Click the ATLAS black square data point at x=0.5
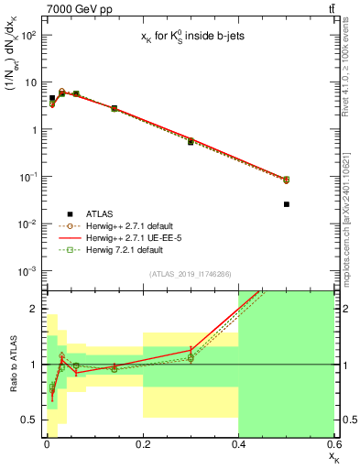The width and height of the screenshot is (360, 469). coord(287,204)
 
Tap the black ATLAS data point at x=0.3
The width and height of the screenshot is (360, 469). coord(191,142)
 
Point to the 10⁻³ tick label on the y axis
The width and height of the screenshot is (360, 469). coord(27,270)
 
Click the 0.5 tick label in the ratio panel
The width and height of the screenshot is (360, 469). coord(27,420)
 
